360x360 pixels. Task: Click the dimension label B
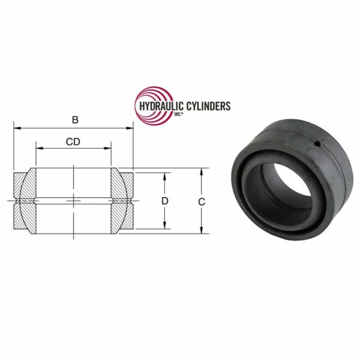click(75, 120)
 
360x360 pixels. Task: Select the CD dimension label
click(74, 142)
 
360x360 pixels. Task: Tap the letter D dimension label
click(164, 200)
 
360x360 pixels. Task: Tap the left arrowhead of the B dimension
click(16, 128)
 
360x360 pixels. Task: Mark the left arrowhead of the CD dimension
click(38, 148)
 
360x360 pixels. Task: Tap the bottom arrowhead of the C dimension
click(202, 230)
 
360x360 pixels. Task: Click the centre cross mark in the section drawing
click(74, 199)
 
